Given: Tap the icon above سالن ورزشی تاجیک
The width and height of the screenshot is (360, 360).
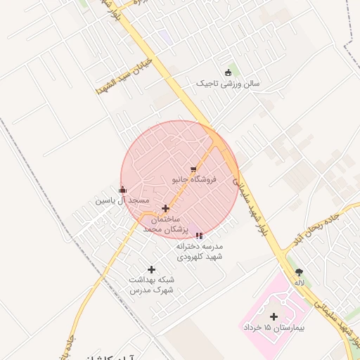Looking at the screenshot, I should coord(228,72).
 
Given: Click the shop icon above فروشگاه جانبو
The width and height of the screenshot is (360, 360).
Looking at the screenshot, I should coord(193,169).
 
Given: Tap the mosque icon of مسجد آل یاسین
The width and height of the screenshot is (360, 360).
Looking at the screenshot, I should coord(123,189).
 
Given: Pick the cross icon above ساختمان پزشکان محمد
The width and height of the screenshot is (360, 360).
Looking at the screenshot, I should coord(166,208).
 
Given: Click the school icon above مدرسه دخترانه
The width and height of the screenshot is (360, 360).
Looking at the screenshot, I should coord(199,236).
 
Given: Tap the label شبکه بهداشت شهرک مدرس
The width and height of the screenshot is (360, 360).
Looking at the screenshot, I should coord(151,284).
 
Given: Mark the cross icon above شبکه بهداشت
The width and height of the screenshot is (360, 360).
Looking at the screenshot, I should coord(151,269).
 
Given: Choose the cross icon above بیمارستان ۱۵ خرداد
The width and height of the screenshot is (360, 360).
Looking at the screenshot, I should coord(274,316).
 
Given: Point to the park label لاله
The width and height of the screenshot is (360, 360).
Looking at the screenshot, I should coord(300,283).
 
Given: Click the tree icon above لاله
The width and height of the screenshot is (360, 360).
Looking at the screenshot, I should coord(300,271).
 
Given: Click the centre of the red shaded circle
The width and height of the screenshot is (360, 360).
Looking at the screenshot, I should coord(179,179).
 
